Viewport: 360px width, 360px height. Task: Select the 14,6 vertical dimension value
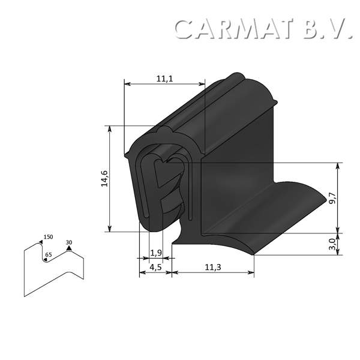(x=103, y=179)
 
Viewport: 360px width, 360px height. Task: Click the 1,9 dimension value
(x=155, y=252)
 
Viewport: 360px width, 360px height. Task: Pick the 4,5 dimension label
(x=155, y=267)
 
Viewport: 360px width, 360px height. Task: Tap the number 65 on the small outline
(x=49, y=255)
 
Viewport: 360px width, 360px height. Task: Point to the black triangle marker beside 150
(x=41, y=241)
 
